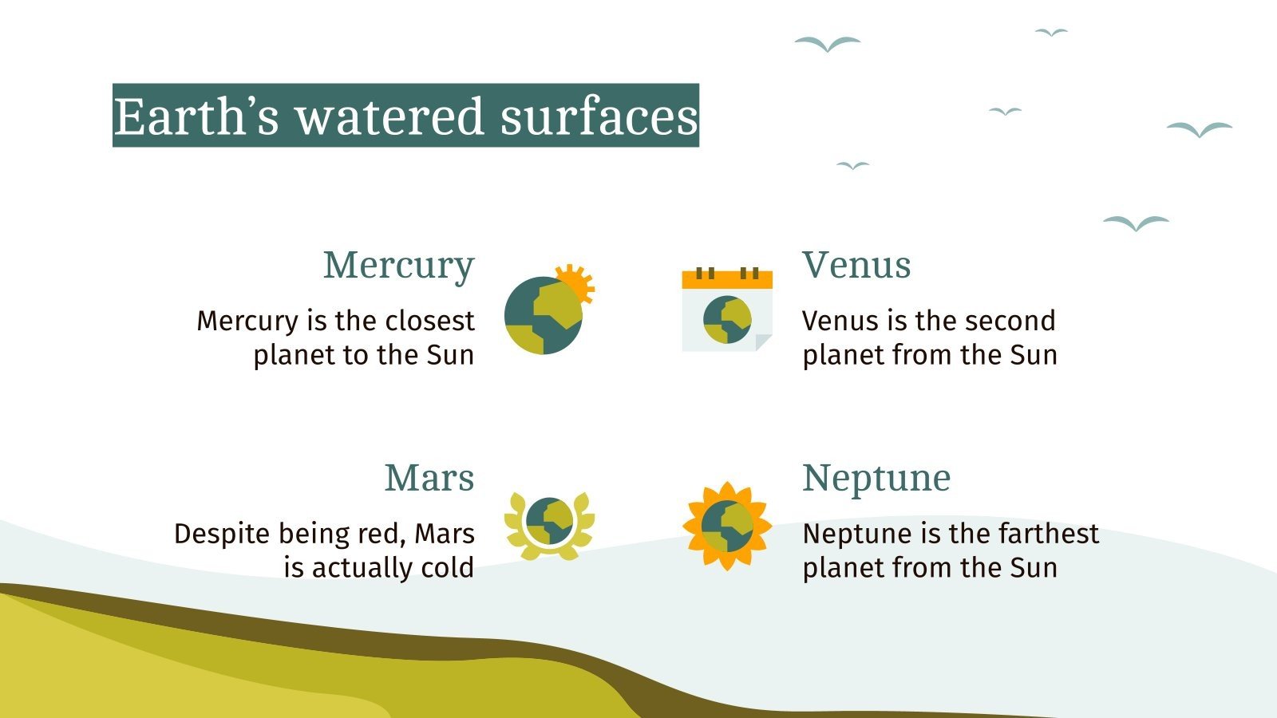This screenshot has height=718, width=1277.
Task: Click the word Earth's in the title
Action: pos(196,116)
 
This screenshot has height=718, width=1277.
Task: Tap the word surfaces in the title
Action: pos(599,116)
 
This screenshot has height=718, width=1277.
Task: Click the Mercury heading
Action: pos(398,266)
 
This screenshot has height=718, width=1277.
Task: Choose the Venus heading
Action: pos(856,265)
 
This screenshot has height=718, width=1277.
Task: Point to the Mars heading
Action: pos(429,478)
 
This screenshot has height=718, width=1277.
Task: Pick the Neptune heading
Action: pos(876,478)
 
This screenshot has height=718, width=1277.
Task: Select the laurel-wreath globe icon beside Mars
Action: pos(549,523)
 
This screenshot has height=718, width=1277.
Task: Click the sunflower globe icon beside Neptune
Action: pos(727,526)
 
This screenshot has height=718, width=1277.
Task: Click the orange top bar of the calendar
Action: pos(727,279)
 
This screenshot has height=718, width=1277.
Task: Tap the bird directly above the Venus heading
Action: pos(852,165)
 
